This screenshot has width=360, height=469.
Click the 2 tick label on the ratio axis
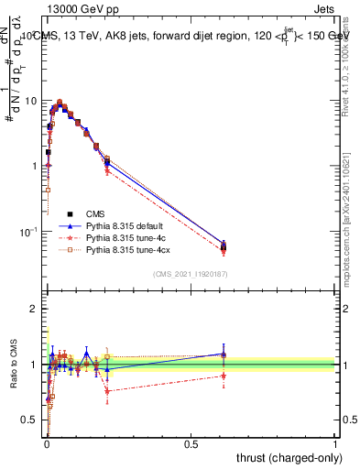(x=34, y=310)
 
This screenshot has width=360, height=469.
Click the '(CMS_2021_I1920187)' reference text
(x=191, y=274)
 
